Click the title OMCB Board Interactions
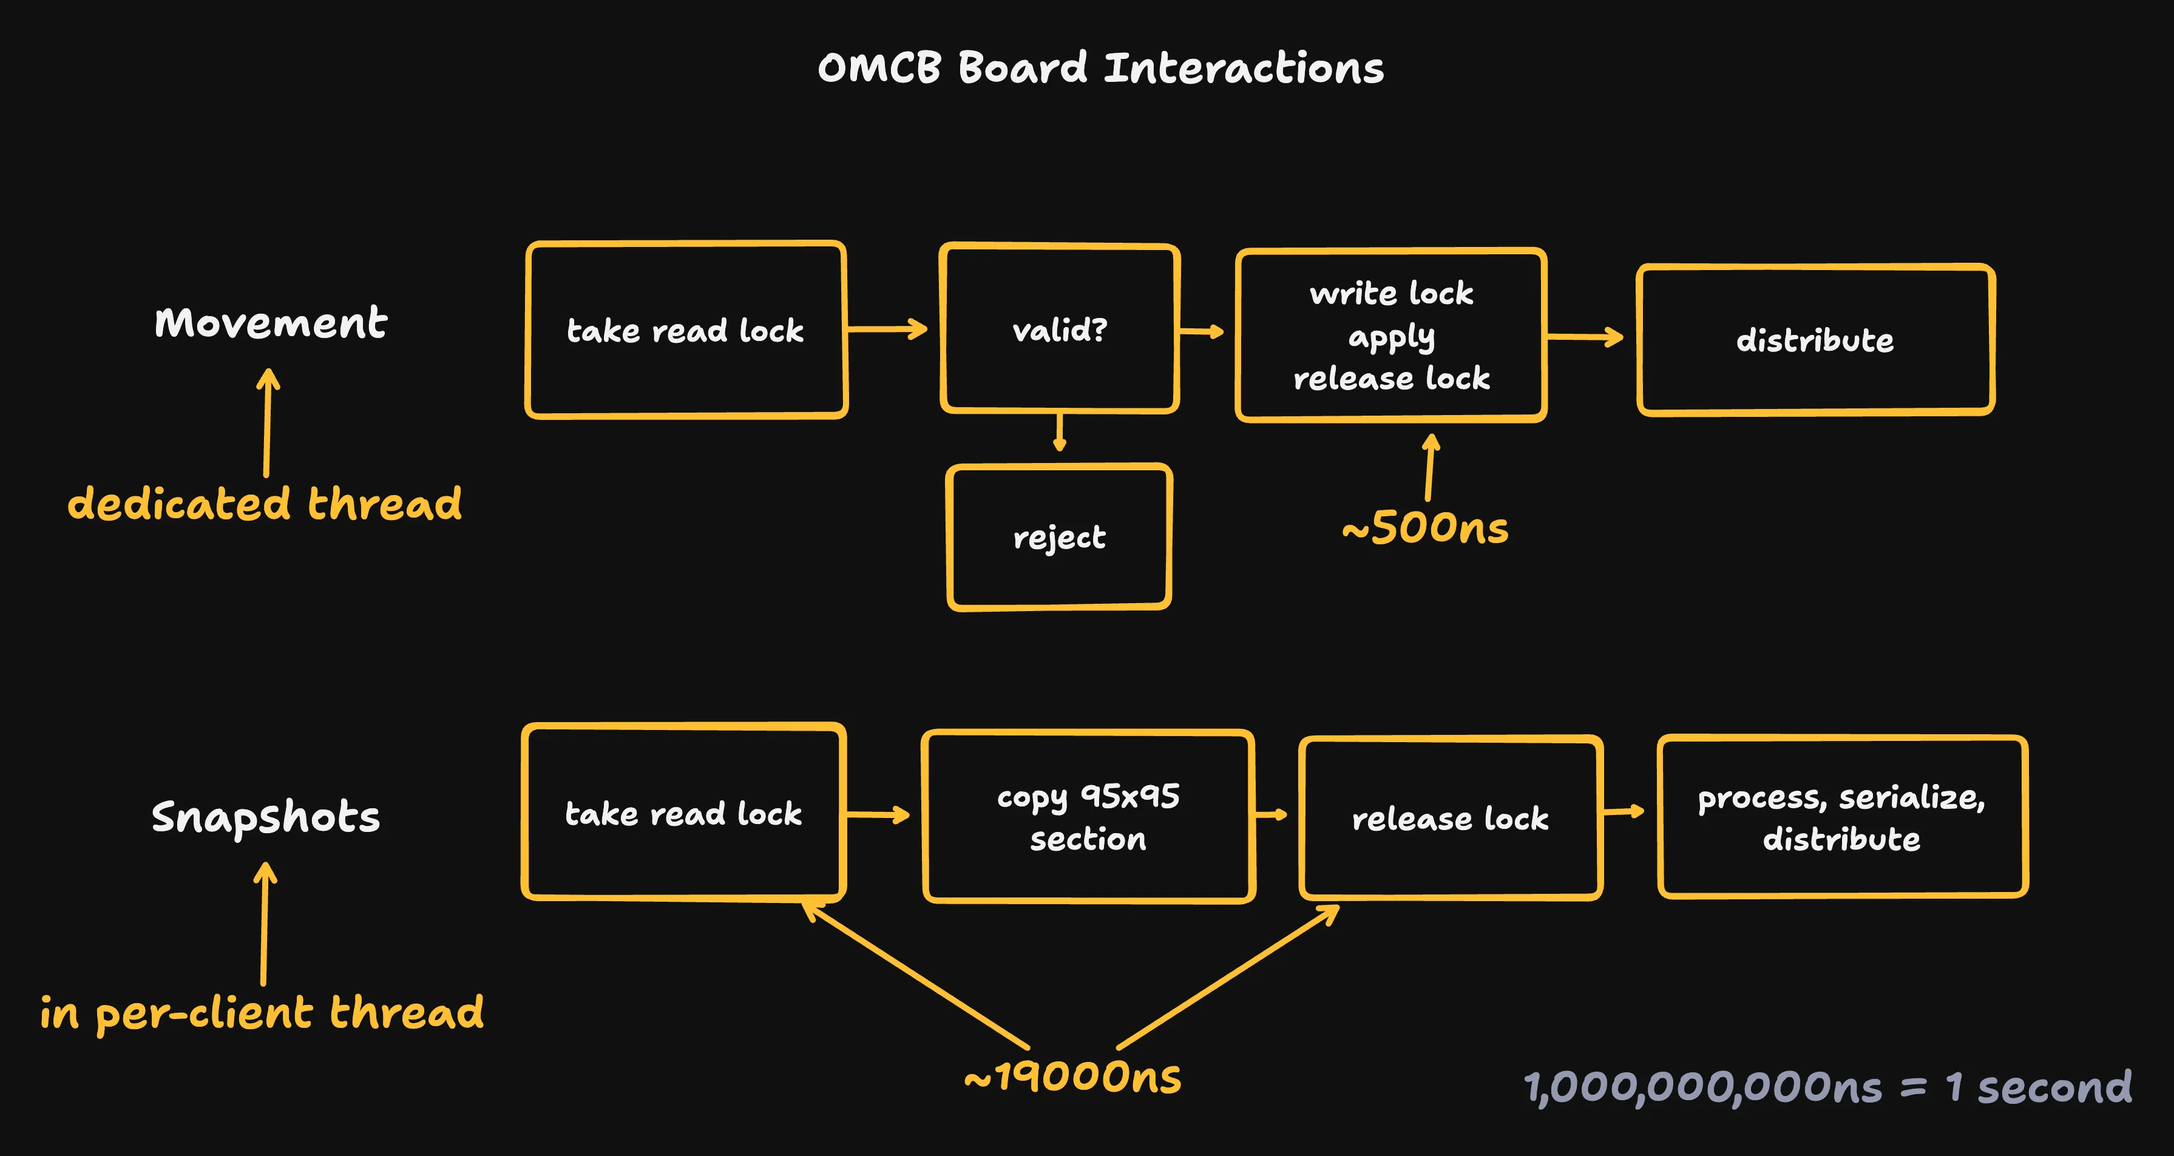[x=1100, y=67]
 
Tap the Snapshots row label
[x=265, y=817]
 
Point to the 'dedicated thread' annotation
[x=264, y=504]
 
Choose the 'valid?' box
[x=1059, y=329]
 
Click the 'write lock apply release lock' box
[x=1391, y=335]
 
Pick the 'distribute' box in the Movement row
[x=1815, y=340]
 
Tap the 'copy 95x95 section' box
[x=1088, y=817]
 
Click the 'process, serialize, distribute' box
[x=1843, y=817]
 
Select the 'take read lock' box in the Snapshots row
[x=683, y=813]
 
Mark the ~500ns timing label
[x=1426, y=528]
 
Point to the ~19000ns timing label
[x=1072, y=1077]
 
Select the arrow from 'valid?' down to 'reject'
[x=1060, y=432]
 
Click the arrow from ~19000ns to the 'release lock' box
[x=1228, y=976]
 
